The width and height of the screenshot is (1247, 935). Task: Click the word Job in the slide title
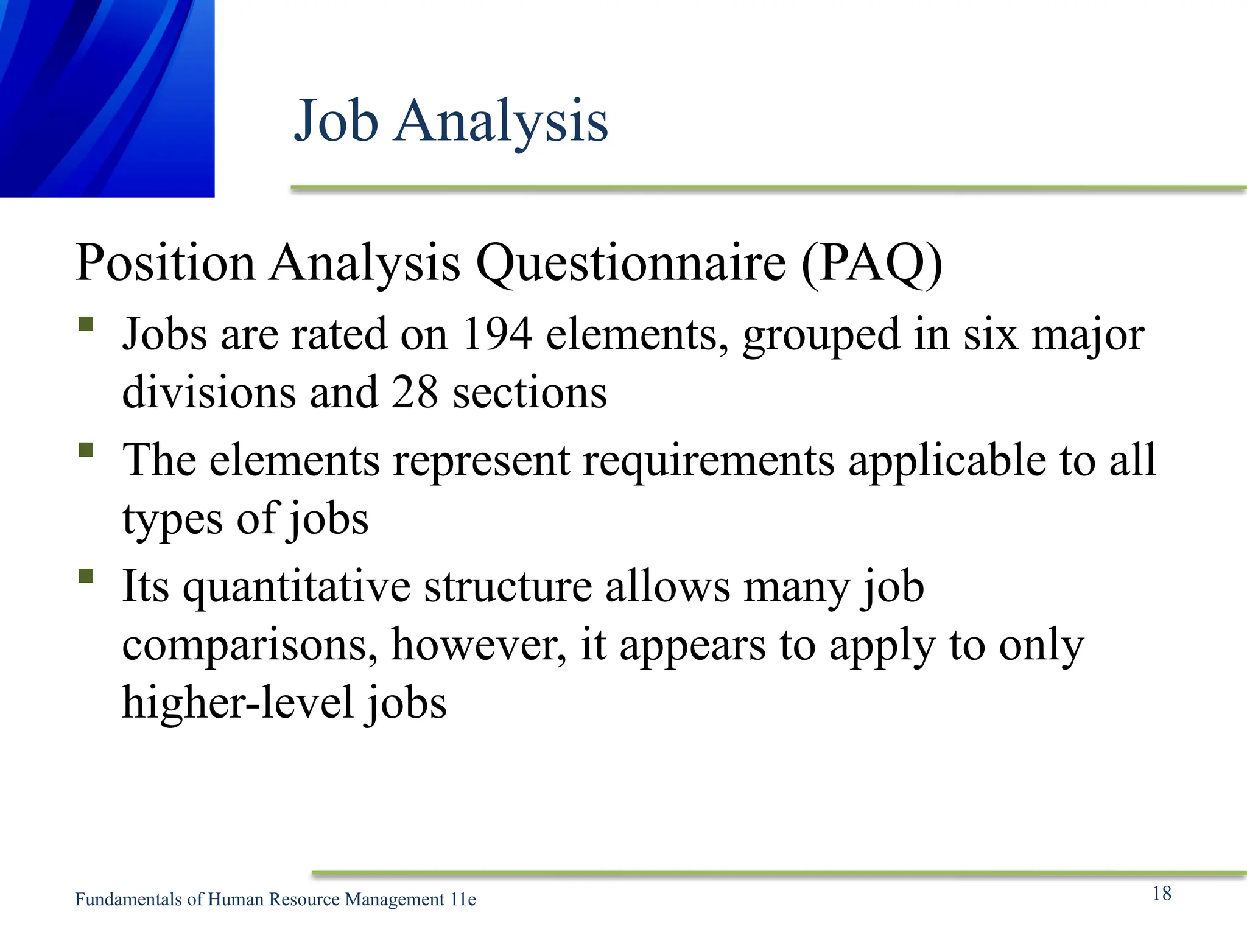tap(336, 121)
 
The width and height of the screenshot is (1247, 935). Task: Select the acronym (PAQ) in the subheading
tap(872, 263)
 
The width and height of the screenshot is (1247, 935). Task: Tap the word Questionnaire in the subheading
tap(631, 263)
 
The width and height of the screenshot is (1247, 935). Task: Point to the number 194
tap(497, 334)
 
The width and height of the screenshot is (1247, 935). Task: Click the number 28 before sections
tap(414, 393)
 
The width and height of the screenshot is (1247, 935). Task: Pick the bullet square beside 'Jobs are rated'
tap(86, 323)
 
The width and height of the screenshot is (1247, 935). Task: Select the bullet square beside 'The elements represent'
tap(86, 450)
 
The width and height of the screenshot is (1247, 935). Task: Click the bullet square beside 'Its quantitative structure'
tap(86, 576)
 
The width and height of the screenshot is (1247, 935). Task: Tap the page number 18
tap(1162, 893)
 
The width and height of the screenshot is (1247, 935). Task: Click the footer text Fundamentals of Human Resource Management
tap(259, 900)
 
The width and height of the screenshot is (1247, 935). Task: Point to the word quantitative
tap(297, 587)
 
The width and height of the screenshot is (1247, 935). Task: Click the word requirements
tap(709, 461)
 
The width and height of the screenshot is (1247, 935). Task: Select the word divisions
tap(209, 393)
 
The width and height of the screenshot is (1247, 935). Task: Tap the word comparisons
tap(250, 645)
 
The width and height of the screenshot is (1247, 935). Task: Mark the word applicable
tap(947, 461)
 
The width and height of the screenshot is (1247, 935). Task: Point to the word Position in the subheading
tap(165, 263)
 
